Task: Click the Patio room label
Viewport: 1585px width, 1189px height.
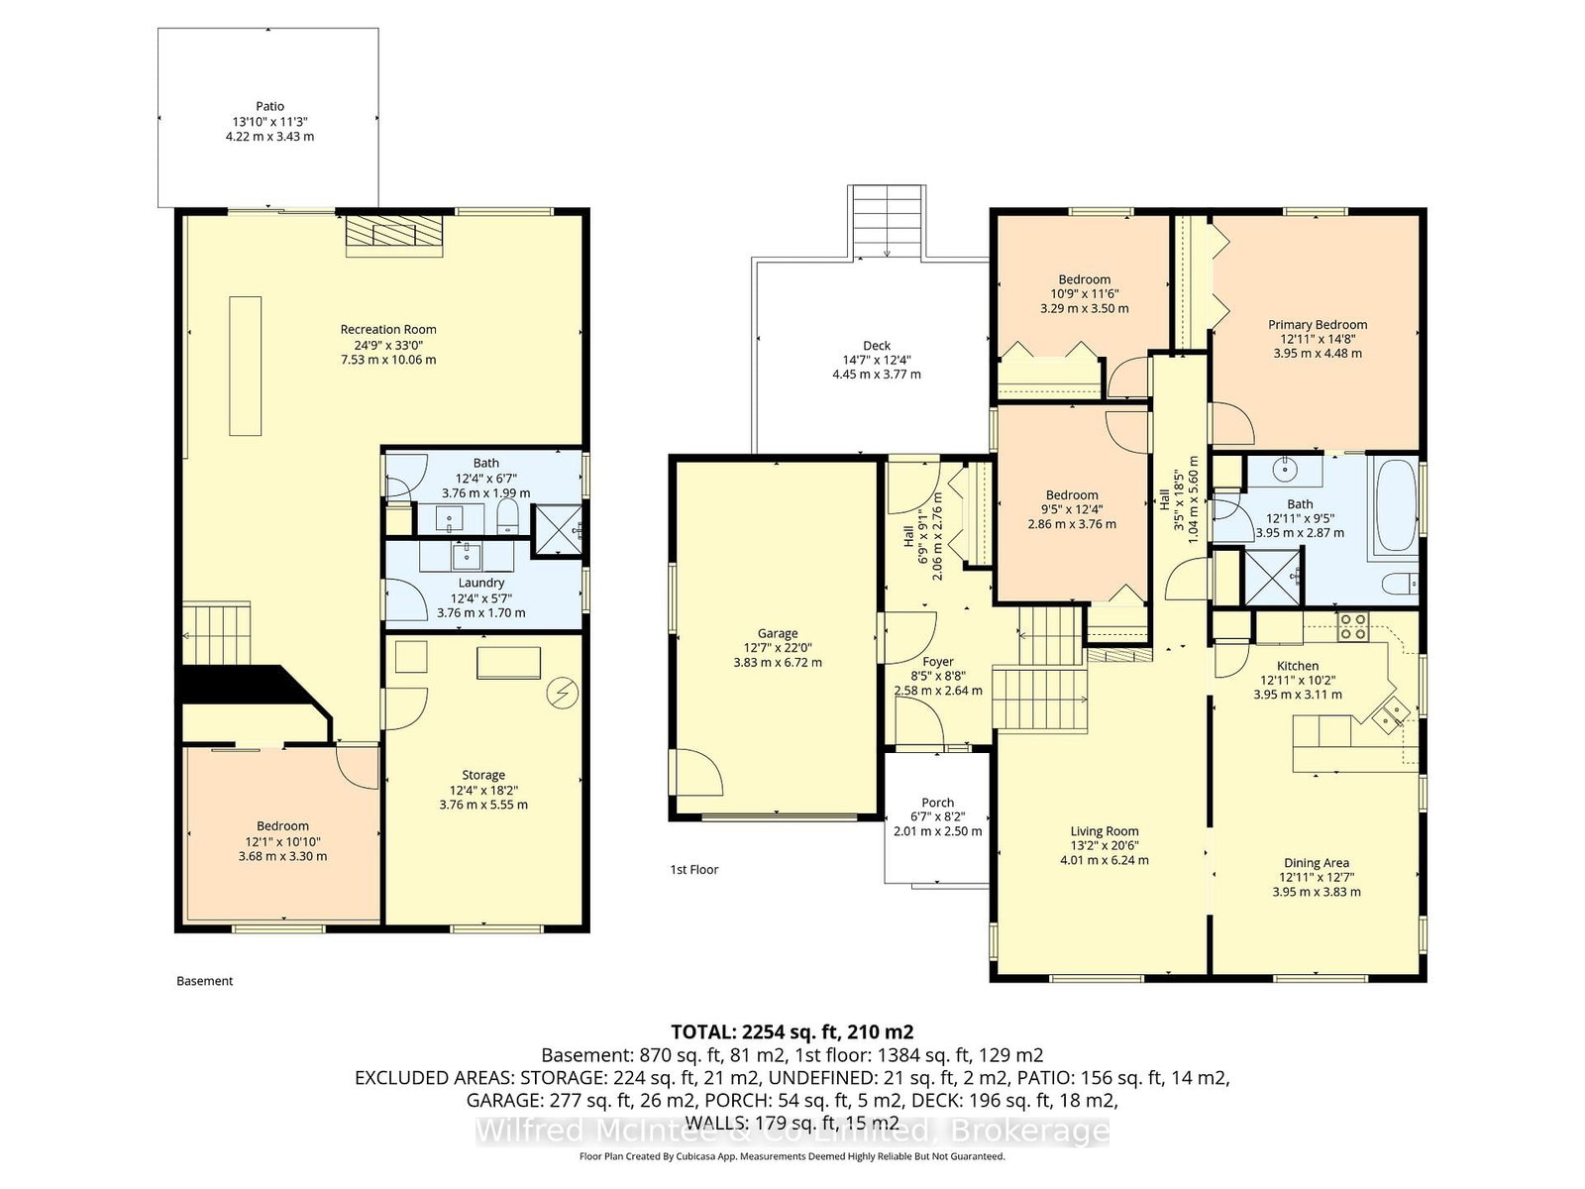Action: pyautogui.click(x=270, y=106)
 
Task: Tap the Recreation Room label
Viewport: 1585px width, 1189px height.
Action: pyautogui.click(x=388, y=329)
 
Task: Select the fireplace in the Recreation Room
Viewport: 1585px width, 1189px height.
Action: pyautogui.click(x=393, y=236)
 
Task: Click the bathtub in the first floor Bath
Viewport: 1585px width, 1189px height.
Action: pyautogui.click(x=1397, y=505)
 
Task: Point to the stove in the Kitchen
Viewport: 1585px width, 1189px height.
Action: pyautogui.click(x=1352, y=626)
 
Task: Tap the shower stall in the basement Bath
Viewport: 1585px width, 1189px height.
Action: pyautogui.click(x=557, y=531)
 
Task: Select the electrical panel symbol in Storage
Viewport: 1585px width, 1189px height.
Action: pyautogui.click(x=562, y=693)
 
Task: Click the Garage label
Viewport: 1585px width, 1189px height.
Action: pyautogui.click(x=778, y=633)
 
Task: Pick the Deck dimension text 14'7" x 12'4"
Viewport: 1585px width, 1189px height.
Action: pyautogui.click(x=877, y=360)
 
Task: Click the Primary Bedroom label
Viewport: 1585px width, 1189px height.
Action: pyautogui.click(x=1318, y=324)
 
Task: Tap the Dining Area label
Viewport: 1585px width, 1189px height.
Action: pyautogui.click(x=1317, y=863)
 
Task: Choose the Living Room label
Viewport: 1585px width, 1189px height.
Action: pyautogui.click(x=1105, y=831)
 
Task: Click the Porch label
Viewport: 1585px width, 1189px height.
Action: pyautogui.click(x=937, y=802)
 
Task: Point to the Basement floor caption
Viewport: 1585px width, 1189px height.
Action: pyautogui.click(x=204, y=980)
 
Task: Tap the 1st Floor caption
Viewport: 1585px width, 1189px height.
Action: pyautogui.click(x=694, y=869)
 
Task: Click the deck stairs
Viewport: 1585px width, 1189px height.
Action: pyautogui.click(x=886, y=222)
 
